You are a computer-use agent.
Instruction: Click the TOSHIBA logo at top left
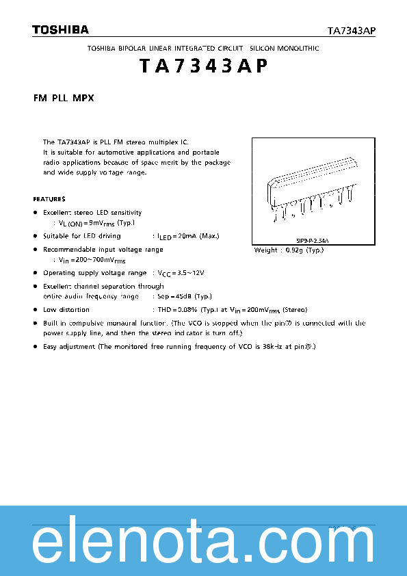pyautogui.click(x=60, y=29)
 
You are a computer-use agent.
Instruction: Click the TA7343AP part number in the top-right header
pyautogui.click(x=352, y=31)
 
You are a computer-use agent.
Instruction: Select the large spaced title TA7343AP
pyautogui.click(x=202, y=66)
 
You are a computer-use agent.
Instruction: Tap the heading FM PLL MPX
pyautogui.click(x=64, y=99)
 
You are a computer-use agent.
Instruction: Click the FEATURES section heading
pyautogui.click(x=49, y=199)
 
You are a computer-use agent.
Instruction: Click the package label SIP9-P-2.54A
pyautogui.click(x=313, y=241)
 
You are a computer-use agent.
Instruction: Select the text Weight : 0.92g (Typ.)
pyautogui.click(x=289, y=250)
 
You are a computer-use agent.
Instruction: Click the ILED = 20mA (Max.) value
pyautogui.click(x=188, y=236)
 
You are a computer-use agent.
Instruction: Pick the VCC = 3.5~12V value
pyautogui.click(x=181, y=273)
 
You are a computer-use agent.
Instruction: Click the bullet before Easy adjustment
pyautogui.click(x=36, y=348)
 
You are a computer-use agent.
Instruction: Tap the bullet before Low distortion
pyautogui.click(x=36, y=309)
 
